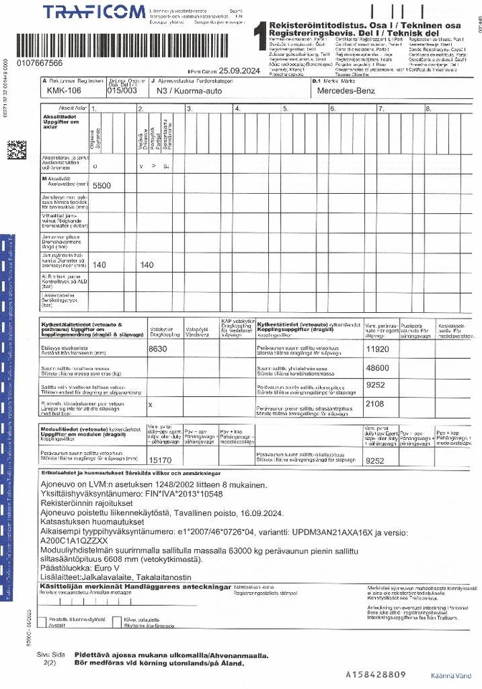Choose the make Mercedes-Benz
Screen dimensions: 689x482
click(347, 91)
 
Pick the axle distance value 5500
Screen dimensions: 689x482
click(103, 185)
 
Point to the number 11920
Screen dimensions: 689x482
click(377, 349)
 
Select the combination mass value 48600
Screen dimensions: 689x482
click(377, 367)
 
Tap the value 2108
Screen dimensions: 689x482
click(376, 403)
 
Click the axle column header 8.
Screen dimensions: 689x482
click(427, 108)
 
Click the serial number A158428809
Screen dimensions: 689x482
click(376, 675)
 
